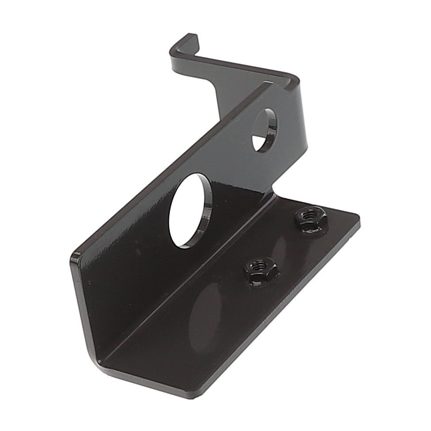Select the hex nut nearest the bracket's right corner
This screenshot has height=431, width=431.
click(x=308, y=218)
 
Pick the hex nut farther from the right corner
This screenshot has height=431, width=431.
click(x=260, y=271)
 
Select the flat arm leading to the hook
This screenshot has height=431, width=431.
click(x=234, y=66)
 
